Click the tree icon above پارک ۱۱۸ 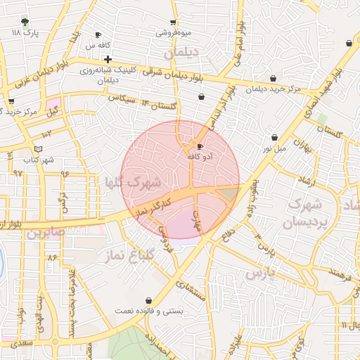[25, 22]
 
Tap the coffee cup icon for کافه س [98, 34]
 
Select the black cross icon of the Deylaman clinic [107, 59]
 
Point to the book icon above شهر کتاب [38, 149]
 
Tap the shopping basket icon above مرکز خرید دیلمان [273, 78]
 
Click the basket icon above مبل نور [274, 137]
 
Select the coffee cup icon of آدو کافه [200, 146]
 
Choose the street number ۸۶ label [51, 257]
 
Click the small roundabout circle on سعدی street [55, 342]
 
